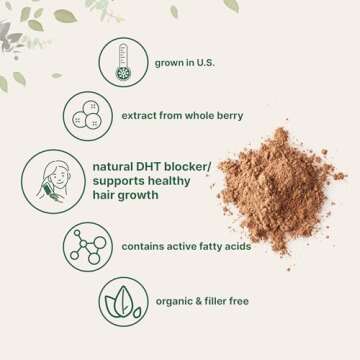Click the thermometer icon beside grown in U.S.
tap(124, 62)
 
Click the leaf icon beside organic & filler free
tap(125, 297)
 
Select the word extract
tap(144, 115)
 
